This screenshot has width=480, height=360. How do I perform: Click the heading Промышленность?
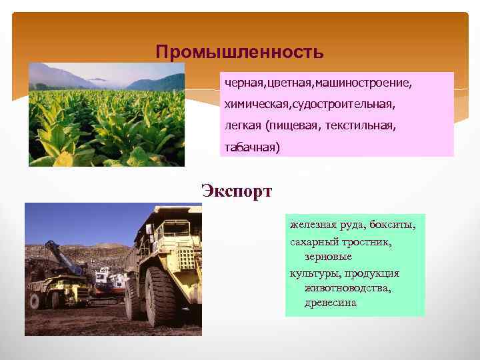tap(239, 51)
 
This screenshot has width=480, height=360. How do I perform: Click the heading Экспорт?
tap(237, 192)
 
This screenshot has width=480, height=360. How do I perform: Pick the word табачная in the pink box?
tap(252, 148)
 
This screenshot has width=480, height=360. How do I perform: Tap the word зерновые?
tap(328, 257)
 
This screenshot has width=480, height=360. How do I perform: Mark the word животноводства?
tap(347, 288)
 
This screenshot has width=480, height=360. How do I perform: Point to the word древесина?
tap(331, 303)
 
